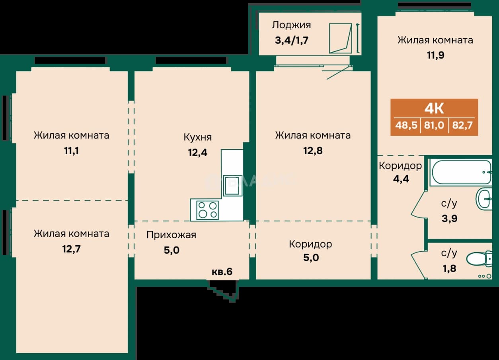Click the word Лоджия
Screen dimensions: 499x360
(x=291, y=25)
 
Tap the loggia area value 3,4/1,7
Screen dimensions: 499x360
(x=291, y=40)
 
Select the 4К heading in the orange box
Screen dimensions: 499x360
(x=434, y=109)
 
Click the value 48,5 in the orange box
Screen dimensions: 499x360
(x=406, y=125)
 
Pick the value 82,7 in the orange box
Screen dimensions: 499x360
(x=462, y=125)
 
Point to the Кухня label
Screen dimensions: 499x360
(x=198, y=137)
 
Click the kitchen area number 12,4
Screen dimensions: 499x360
(x=198, y=153)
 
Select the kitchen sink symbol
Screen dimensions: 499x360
(x=233, y=186)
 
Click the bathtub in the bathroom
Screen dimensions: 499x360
(x=462, y=172)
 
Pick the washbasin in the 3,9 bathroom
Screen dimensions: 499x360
(x=484, y=199)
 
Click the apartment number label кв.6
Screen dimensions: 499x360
(x=222, y=272)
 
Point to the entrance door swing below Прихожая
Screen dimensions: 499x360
(x=223, y=290)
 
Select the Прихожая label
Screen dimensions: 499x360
(x=172, y=235)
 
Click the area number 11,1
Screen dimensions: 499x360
(x=71, y=151)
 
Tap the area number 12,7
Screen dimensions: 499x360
(x=71, y=249)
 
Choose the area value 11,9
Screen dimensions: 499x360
(x=435, y=55)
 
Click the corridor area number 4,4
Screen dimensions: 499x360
(x=401, y=179)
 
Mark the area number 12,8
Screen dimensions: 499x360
(x=313, y=151)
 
